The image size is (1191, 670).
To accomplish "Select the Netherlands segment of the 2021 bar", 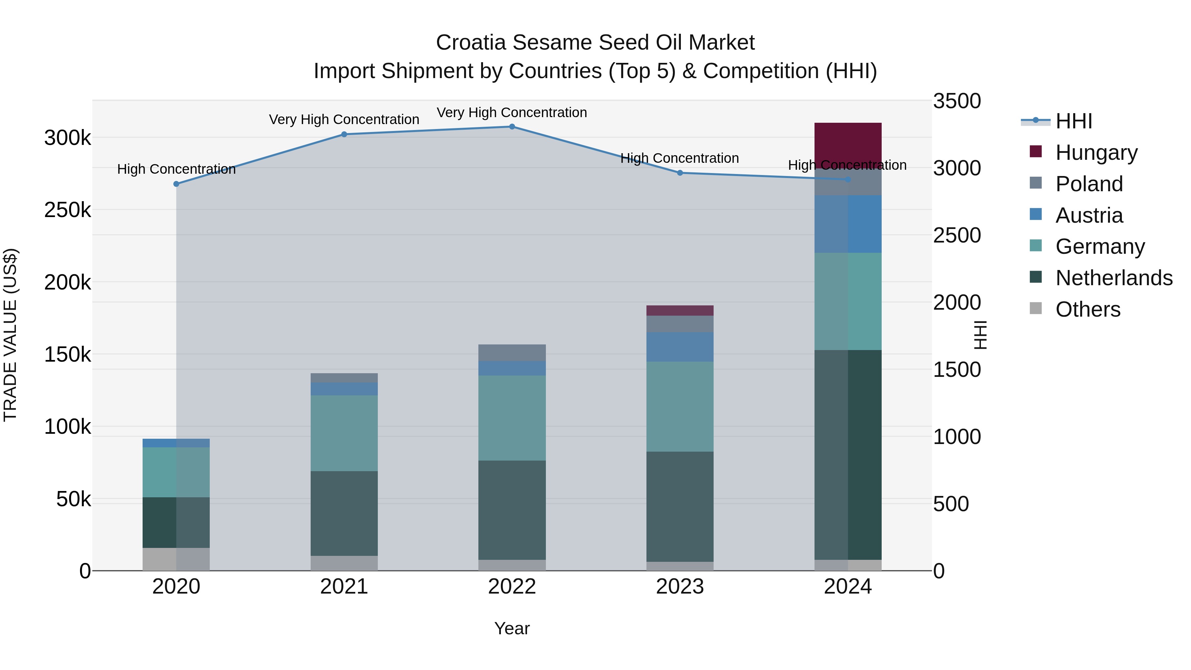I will pos(344,513).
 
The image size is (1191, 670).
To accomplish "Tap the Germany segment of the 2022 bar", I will pos(512,418).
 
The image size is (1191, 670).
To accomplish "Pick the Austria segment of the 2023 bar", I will pos(680,347).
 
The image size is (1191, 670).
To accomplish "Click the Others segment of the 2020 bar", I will pos(176,559).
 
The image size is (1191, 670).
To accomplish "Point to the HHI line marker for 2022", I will pos(512,127).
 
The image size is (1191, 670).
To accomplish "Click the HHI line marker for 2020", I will pos(176,184).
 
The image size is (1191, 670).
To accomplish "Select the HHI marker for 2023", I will pos(680,173).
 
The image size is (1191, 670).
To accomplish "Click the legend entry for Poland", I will pos(1089,184).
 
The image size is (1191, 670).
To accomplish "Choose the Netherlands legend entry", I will pos(1113,278).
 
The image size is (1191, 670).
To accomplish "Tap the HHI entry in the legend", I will pos(1074,121).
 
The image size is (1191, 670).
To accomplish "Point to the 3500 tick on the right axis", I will pos(956,101).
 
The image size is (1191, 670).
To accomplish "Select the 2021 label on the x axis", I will pos(344,587).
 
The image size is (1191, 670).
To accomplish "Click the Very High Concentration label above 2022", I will pos(512,112).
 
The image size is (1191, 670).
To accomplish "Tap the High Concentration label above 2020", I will pos(176,169).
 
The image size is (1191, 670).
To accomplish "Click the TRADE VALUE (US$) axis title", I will pos(10,335).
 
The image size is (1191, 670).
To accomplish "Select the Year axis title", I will pos(512,628).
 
